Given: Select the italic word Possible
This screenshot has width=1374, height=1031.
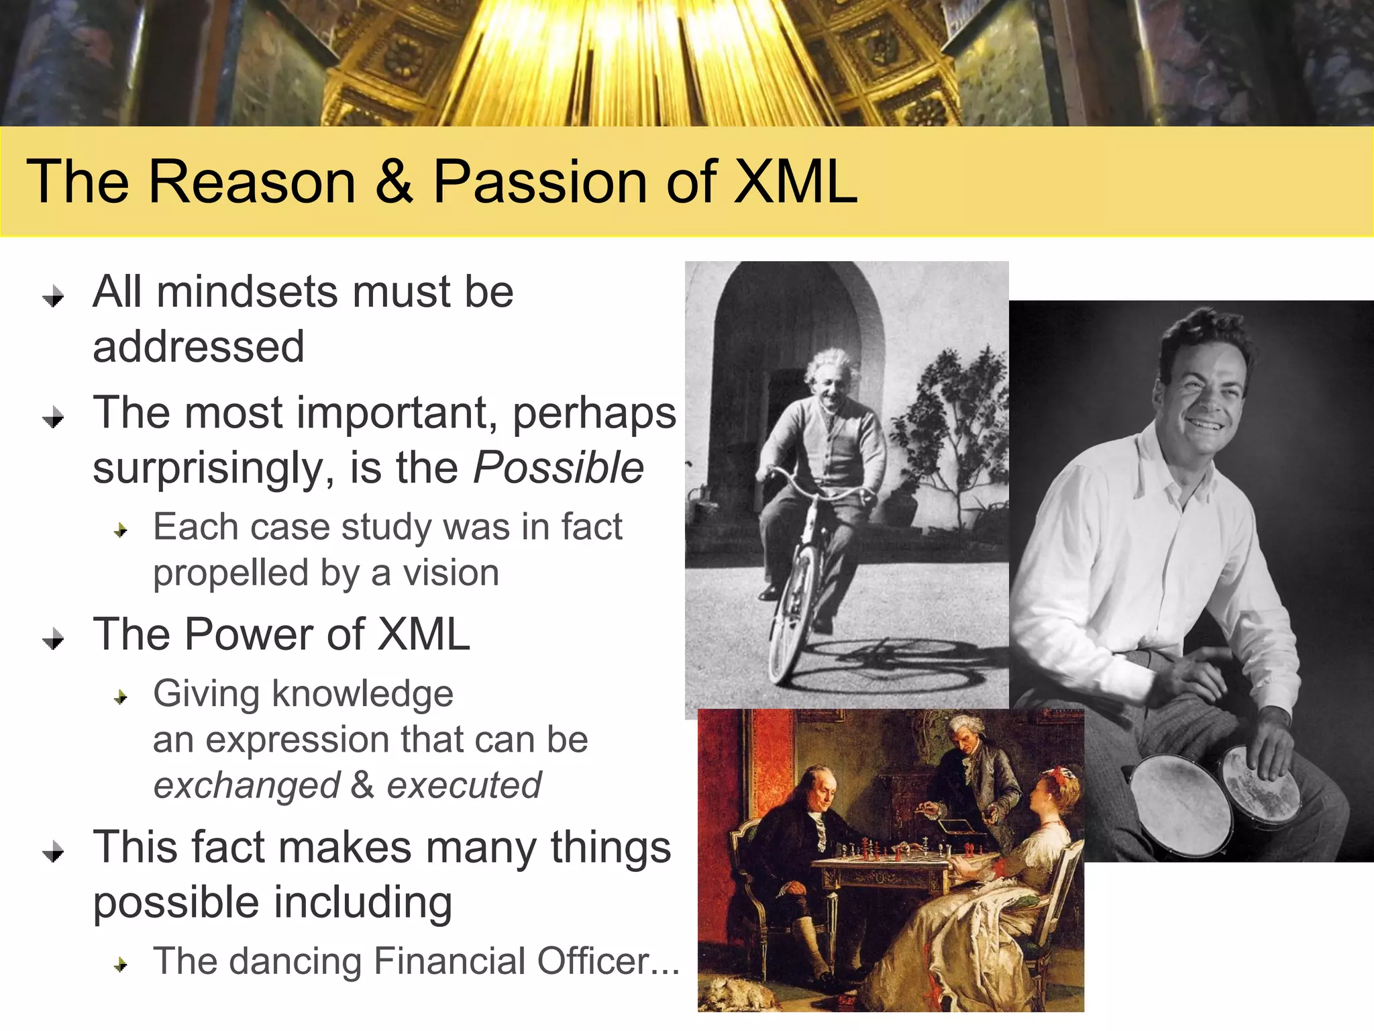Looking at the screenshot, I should point(558,468).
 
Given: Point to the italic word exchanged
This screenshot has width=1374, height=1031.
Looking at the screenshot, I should point(247,786).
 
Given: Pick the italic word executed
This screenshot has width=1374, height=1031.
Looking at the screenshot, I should point(464,786).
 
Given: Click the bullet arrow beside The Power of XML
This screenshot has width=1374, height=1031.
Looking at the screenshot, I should point(53,639).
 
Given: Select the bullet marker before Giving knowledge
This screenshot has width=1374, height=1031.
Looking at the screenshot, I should point(121,698).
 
